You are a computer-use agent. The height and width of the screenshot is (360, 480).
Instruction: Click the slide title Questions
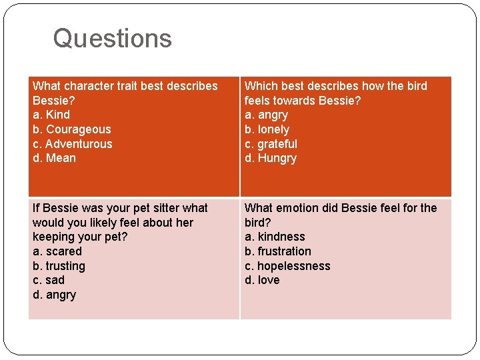coord(112,39)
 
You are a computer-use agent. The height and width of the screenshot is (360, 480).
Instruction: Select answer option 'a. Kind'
coord(51,115)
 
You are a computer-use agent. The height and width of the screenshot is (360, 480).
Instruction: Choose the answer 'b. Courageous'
coord(71,129)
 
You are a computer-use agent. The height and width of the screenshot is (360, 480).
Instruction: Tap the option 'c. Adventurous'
coord(72,144)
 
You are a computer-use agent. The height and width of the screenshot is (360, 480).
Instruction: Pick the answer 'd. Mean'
coord(54,158)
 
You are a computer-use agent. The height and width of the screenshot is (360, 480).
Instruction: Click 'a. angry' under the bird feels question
coord(266,115)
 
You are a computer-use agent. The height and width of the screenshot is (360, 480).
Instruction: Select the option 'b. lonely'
coord(267,129)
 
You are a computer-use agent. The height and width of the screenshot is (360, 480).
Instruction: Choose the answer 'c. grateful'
coord(271,144)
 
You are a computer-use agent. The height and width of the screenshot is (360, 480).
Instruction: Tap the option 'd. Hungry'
coord(270,158)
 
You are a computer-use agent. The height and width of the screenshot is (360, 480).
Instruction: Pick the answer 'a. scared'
coord(57,251)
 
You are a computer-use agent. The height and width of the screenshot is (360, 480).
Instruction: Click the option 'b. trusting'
coord(59,266)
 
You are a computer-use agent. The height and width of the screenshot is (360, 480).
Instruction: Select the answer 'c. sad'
coord(49,280)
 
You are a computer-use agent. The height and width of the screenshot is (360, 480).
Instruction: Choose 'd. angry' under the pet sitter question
coord(54,295)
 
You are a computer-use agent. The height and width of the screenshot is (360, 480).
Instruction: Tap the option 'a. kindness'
coord(275,237)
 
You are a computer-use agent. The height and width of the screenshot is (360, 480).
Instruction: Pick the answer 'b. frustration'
coord(277,251)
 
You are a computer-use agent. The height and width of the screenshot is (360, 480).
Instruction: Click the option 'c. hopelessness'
coord(287,266)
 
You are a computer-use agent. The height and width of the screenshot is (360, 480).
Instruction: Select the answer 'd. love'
coord(262,280)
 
